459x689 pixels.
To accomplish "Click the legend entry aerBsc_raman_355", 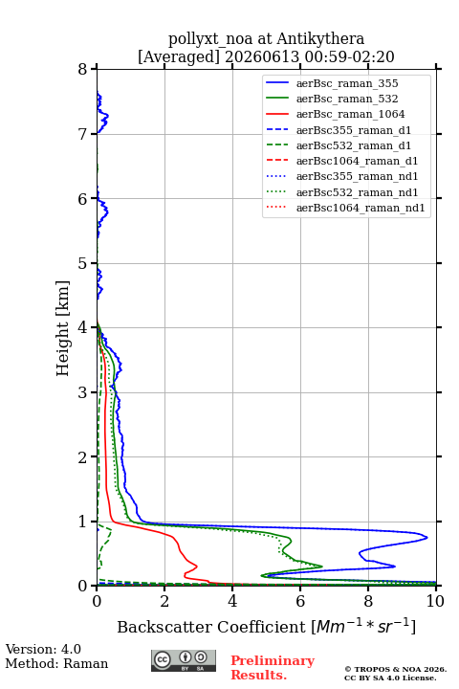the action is click(x=347, y=83).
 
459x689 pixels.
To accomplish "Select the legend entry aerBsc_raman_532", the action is click(x=347, y=99).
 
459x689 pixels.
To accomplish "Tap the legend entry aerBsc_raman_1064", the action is click(x=351, y=114).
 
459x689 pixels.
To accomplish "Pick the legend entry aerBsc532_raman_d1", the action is click(x=354, y=145).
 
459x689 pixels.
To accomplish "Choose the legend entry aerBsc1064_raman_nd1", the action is click(x=361, y=208).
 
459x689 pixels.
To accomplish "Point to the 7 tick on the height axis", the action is click(x=94, y=134).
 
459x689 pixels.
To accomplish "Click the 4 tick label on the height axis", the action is click(x=82, y=328).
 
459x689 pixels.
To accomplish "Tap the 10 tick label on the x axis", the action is click(x=435, y=601).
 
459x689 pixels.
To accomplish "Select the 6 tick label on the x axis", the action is click(x=300, y=601).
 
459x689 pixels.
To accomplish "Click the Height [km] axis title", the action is click(x=63, y=328).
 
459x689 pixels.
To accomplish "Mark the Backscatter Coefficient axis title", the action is click(x=266, y=626).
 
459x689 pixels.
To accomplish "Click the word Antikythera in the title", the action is click(x=320, y=39).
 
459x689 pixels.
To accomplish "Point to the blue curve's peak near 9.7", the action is click(x=426, y=538).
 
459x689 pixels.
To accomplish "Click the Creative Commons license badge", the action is click(x=184, y=660).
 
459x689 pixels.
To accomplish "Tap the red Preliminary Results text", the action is click(x=273, y=668).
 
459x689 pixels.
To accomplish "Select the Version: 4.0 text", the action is click(x=43, y=649).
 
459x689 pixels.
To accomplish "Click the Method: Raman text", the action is click(x=56, y=663).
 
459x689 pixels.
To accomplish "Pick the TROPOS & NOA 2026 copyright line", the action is click(x=395, y=669).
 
